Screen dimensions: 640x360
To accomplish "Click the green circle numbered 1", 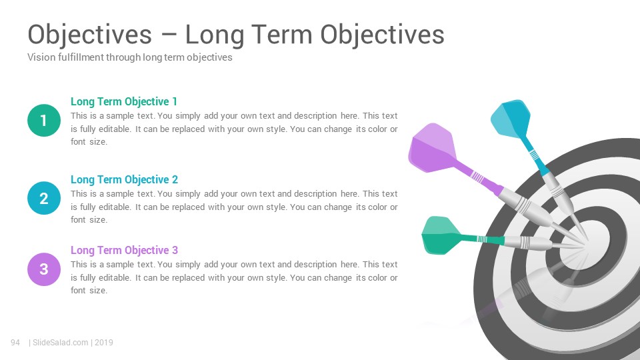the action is (44, 121).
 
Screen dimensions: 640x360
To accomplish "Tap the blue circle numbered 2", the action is (44, 199).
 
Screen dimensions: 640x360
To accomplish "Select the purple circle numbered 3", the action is (44, 269).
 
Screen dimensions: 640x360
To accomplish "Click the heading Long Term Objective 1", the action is (124, 101).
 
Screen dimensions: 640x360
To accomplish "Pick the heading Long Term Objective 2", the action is (124, 179).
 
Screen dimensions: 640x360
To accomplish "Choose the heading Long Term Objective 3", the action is (124, 250).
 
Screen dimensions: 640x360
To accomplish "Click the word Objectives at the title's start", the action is (89, 35).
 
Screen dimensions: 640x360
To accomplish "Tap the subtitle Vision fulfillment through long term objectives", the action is (130, 57).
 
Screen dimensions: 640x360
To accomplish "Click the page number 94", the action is (15, 343).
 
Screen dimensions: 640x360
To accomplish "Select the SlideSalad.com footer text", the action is (60, 343).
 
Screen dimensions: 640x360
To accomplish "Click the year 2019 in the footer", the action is (104, 343).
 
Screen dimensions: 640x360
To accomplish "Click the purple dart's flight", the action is (433, 148).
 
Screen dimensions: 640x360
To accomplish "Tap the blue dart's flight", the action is (510, 119).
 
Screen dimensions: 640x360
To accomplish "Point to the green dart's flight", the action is (441, 235).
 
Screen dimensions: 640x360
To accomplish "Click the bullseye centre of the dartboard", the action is (585, 245).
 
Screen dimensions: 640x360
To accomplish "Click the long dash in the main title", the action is (169, 35).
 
